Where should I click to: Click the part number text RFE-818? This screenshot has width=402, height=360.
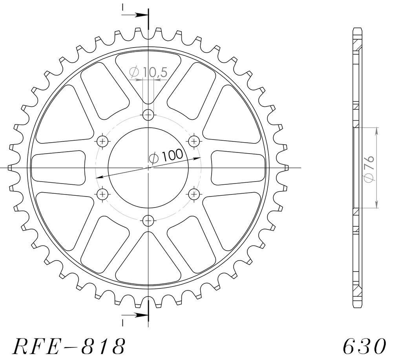pyautogui.click(x=69, y=346)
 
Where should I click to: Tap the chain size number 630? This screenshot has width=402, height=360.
pyautogui.click(x=364, y=346)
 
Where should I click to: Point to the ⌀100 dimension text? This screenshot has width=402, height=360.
pyautogui.click(x=166, y=156)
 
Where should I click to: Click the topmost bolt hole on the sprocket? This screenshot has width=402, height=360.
pyautogui.click(x=148, y=114)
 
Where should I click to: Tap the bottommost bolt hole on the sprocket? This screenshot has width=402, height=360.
pyautogui.click(x=148, y=220)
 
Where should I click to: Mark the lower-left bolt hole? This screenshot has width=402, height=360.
pyautogui.click(x=103, y=194)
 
